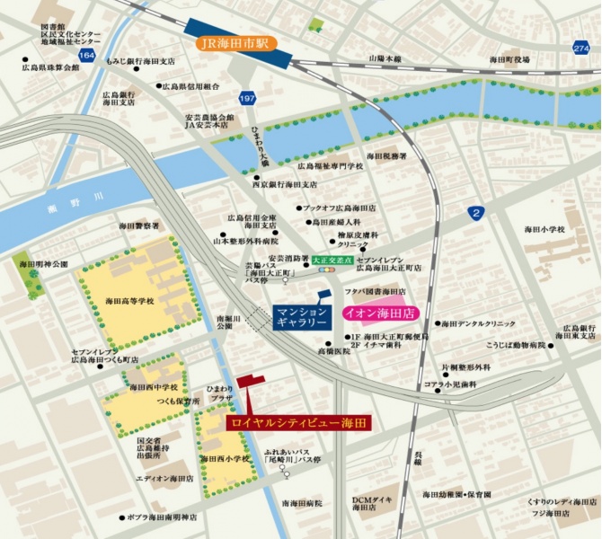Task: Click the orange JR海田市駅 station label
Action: coord(233,42)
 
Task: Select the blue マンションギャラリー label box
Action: coord(306,315)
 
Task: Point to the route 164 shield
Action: coord(86,56)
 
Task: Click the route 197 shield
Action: coord(247,97)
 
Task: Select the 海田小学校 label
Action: coord(544,230)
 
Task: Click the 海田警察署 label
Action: coord(139,226)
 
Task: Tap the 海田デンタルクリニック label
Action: coord(481,323)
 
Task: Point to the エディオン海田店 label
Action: coord(164,479)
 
